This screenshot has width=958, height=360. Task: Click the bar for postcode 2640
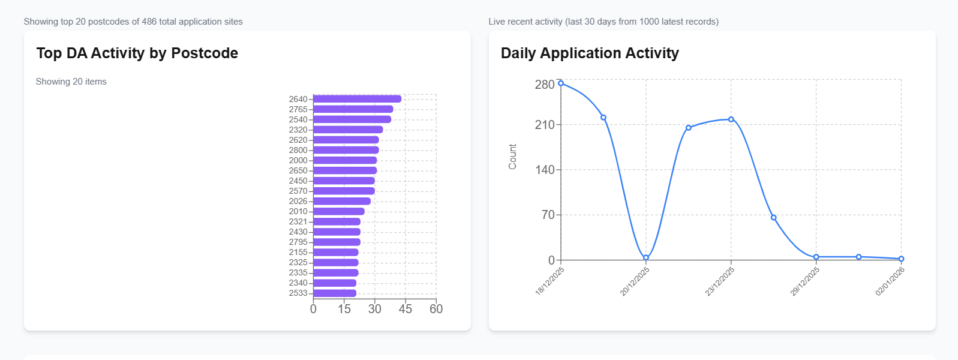357,99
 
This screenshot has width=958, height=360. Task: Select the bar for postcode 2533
335,293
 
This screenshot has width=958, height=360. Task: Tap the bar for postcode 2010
339,211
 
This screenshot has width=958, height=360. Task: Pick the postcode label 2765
298,109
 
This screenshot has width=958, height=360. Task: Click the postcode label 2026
298,201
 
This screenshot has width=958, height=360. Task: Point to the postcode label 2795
298,242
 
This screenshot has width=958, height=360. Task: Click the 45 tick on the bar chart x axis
406,309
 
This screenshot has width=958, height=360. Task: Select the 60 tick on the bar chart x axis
436,309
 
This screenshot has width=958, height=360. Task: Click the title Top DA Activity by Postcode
137,53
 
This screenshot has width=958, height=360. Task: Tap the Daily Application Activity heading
590,53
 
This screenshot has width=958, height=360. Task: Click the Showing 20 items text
71,82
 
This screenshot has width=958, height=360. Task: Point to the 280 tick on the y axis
545,85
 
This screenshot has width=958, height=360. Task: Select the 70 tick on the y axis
548,215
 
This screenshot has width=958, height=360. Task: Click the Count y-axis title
512,157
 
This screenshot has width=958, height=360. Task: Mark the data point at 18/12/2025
561,83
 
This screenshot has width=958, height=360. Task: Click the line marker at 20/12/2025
646,257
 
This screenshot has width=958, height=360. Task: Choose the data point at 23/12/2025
731,119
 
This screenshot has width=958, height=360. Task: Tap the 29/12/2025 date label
805,281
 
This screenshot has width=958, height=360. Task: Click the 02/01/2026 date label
890,281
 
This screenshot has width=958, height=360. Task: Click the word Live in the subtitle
496,22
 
